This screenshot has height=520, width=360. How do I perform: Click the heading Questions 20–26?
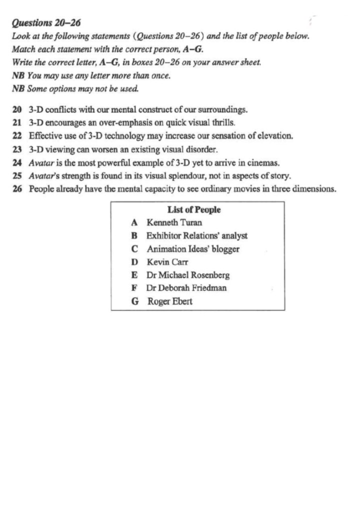[x=45, y=23]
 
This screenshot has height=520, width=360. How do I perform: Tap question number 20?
[x=17, y=109]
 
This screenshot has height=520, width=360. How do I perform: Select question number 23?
[x=17, y=149]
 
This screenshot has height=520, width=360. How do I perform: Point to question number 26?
[x=17, y=189]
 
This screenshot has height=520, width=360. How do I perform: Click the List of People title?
[x=194, y=210]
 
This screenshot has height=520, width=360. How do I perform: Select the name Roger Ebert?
[x=169, y=301]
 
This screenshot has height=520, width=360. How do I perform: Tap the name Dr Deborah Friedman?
[x=186, y=288]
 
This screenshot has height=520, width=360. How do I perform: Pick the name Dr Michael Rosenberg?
[x=188, y=275]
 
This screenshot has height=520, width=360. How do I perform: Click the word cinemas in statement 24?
[x=264, y=162]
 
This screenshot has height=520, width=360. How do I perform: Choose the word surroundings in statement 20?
[x=222, y=109]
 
